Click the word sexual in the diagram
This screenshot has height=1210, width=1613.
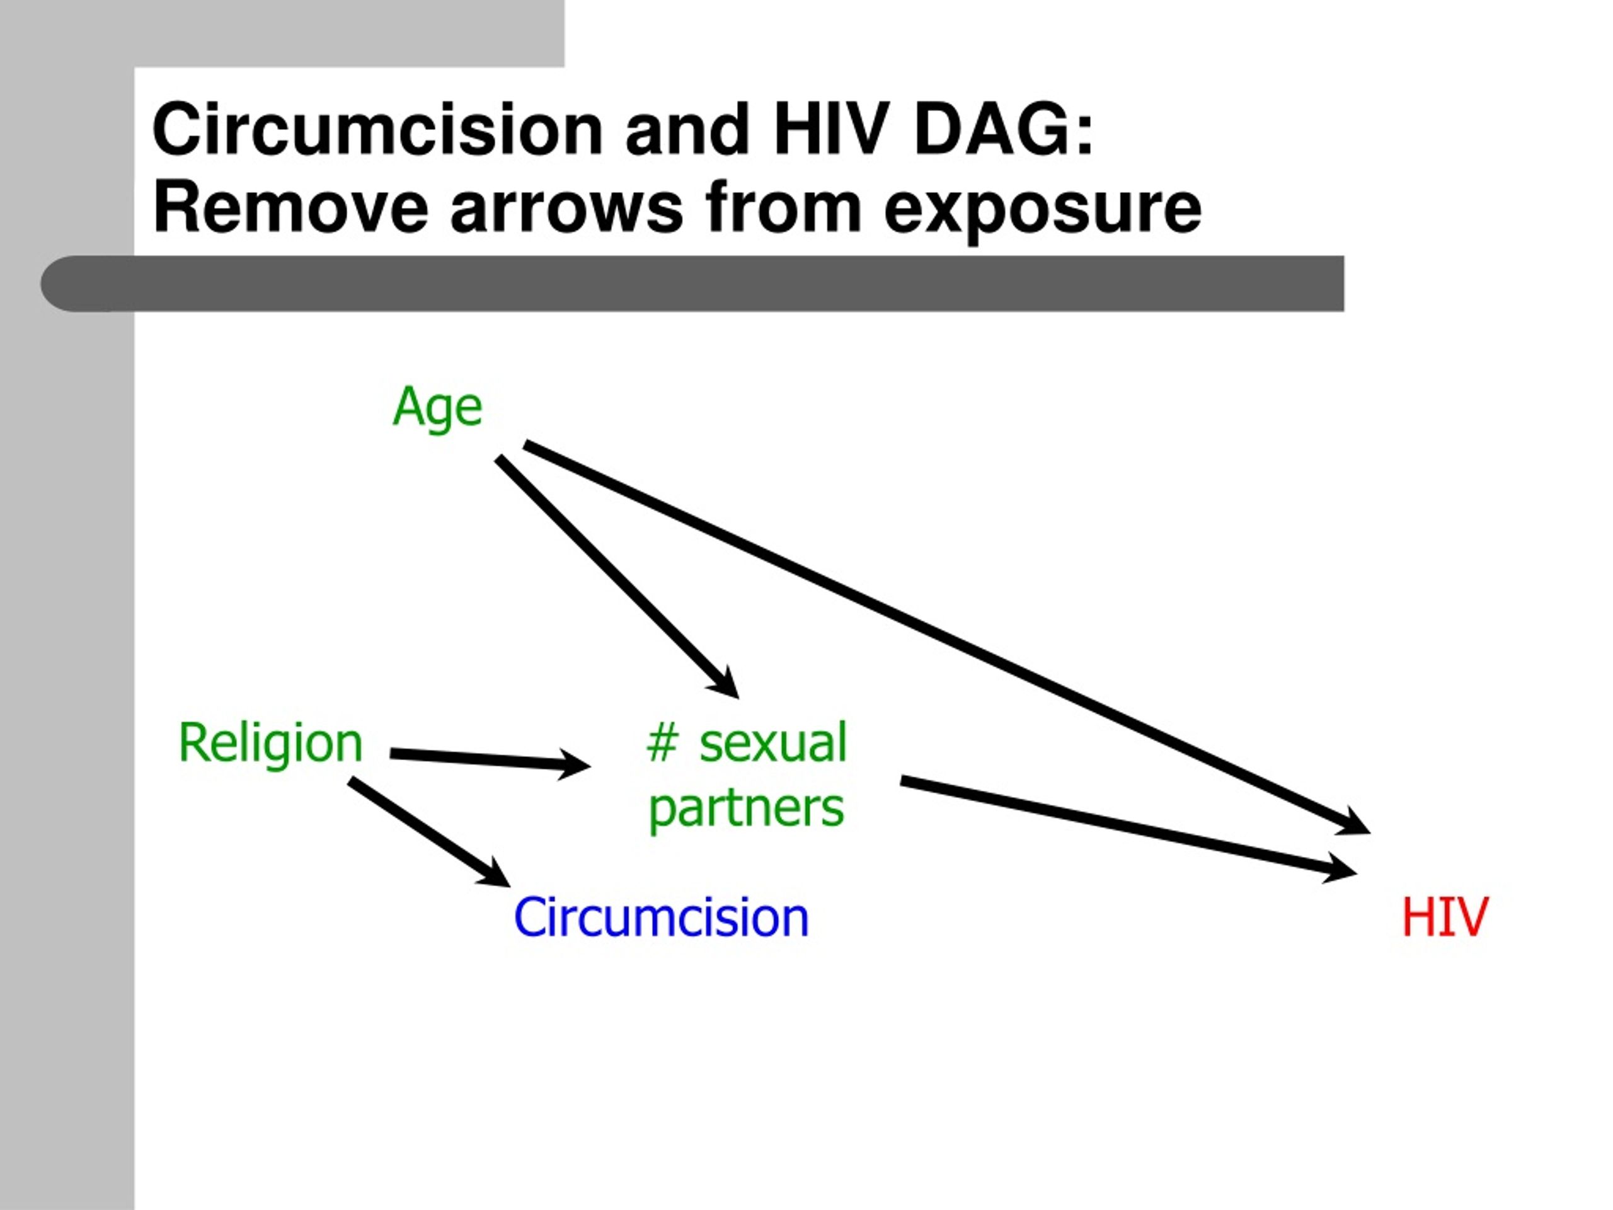pyautogui.click(x=773, y=743)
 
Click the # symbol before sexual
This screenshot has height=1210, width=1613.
pyautogui.click(x=662, y=743)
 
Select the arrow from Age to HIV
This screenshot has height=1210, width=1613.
pyautogui.click(x=947, y=637)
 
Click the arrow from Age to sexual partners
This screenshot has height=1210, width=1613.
pyautogui.click(x=617, y=577)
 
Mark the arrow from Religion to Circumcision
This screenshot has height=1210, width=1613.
pyautogui.click(x=430, y=833)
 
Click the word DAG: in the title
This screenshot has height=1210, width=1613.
pyautogui.click(x=1003, y=130)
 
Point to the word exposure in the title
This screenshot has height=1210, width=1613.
pyautogui.click(x=1042, y=214)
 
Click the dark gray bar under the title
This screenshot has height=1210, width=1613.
pyautogui.click(x=692, y=284)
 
